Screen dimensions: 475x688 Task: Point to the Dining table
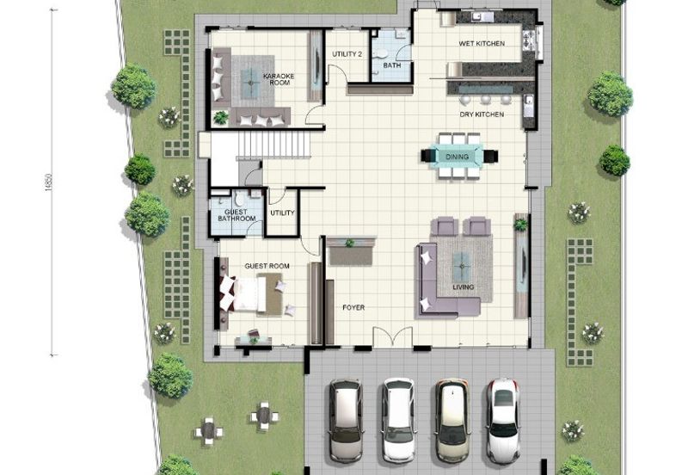(458, 156)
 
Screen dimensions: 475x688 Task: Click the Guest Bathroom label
(236, 215)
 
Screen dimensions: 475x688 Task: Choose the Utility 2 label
(347, 54)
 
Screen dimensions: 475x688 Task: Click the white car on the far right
(502, 419)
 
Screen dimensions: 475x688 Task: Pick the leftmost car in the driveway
(346, 420)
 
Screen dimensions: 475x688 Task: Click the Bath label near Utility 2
(392, 65)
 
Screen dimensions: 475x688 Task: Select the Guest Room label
(267, 266)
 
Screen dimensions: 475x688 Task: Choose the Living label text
(464, 287)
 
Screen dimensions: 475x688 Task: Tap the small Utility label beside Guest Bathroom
(282, 213)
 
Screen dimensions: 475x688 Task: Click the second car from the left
(398, 419)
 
